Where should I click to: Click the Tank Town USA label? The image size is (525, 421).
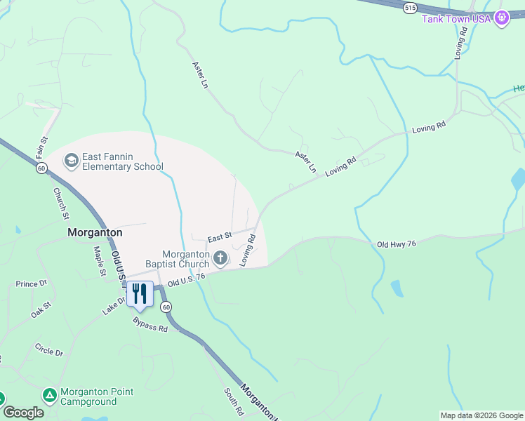point(456,18)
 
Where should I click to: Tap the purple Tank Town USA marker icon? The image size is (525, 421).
point(501,18)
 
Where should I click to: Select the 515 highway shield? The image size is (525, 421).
point(410,8)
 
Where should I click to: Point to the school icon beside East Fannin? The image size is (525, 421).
point(71,161)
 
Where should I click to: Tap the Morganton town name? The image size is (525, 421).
point(95,232)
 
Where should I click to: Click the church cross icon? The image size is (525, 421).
point(220,259)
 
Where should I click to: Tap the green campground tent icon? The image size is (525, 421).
point(50,396)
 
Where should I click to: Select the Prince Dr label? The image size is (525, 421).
point(30,283)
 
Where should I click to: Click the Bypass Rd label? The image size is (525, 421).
point(150,324)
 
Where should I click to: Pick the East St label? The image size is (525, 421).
point(218,236)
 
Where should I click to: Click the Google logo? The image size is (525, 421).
point(23,413)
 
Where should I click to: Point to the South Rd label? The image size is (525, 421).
point(234,401)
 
